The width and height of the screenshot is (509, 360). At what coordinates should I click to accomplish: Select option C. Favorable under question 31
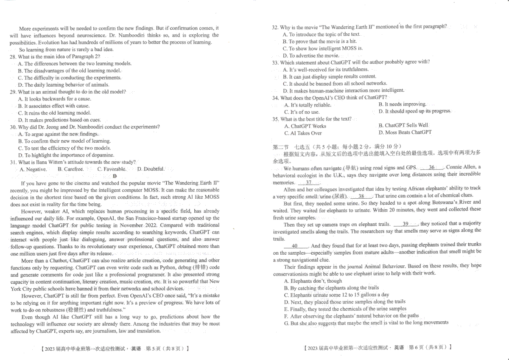click(112, 169)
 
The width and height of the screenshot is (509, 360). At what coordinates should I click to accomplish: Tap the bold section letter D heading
click(115, 176)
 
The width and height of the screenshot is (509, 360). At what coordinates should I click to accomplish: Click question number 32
click(275, 27)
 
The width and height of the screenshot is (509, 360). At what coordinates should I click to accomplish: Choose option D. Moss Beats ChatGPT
click(405, 132)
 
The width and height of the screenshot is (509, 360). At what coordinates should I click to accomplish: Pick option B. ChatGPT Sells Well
click(403, 125)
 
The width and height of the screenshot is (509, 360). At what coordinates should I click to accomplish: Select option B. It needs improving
click(403, 104)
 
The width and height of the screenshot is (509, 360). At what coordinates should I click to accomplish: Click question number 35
click(275, 119)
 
